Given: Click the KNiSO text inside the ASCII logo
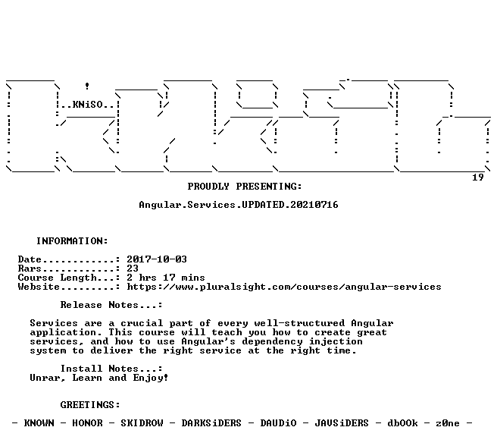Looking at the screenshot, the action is (x=88, y=105).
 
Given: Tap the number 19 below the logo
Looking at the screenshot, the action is (x=477, y=177).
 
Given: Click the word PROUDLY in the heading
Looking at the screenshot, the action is (x=208, y=187).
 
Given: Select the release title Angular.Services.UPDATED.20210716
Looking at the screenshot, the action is (x=239, y=205).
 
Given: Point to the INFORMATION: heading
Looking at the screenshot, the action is (x=72, y=241).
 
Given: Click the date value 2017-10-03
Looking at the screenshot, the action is (x=157, y=259).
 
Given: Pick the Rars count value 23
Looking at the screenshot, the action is (x=133, y=269).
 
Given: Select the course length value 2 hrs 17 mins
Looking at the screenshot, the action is (x=166, y=278).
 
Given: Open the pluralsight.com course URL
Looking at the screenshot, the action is (x=284, y=287).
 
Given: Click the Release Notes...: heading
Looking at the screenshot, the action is (x=111, y=305).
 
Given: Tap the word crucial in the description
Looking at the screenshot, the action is (x=142, y=323).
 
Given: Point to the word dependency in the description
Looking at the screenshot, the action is (x=272, y=341).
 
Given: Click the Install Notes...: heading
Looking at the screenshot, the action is (x=111, y=369).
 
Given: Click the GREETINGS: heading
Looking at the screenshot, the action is (x=90, y=405).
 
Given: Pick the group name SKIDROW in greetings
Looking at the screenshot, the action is (x=142, y=423).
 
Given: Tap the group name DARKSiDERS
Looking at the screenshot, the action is (x=211, y=423).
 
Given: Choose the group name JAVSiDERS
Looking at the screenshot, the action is (x=342, y=423).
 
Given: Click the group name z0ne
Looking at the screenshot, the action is (x=448, y=423).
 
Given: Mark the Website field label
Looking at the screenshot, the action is (x=39, y=287).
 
